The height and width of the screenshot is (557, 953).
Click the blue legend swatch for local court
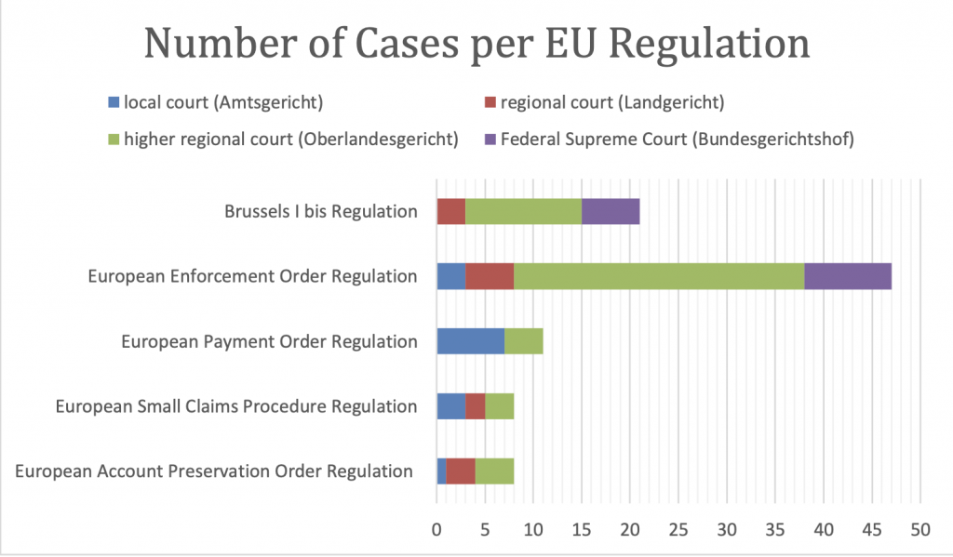114,100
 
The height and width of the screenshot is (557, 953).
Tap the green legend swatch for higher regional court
114,139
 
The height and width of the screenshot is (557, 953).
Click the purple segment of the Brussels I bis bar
611,211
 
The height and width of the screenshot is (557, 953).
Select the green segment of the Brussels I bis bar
523,211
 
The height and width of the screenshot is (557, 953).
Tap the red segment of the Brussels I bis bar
451,211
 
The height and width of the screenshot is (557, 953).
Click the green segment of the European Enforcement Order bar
659,276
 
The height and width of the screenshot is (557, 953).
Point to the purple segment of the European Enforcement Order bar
848,276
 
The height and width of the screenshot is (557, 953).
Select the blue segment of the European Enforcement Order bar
451,276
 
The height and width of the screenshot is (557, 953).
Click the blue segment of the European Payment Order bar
471,341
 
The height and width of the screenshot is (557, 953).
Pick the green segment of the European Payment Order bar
524,341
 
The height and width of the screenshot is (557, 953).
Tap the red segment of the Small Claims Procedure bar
476,406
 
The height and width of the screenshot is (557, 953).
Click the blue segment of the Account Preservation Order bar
442,471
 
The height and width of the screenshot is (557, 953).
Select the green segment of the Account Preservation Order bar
495,471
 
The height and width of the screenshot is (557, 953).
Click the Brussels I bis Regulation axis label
321,211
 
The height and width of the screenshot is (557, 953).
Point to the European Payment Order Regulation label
270,341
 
